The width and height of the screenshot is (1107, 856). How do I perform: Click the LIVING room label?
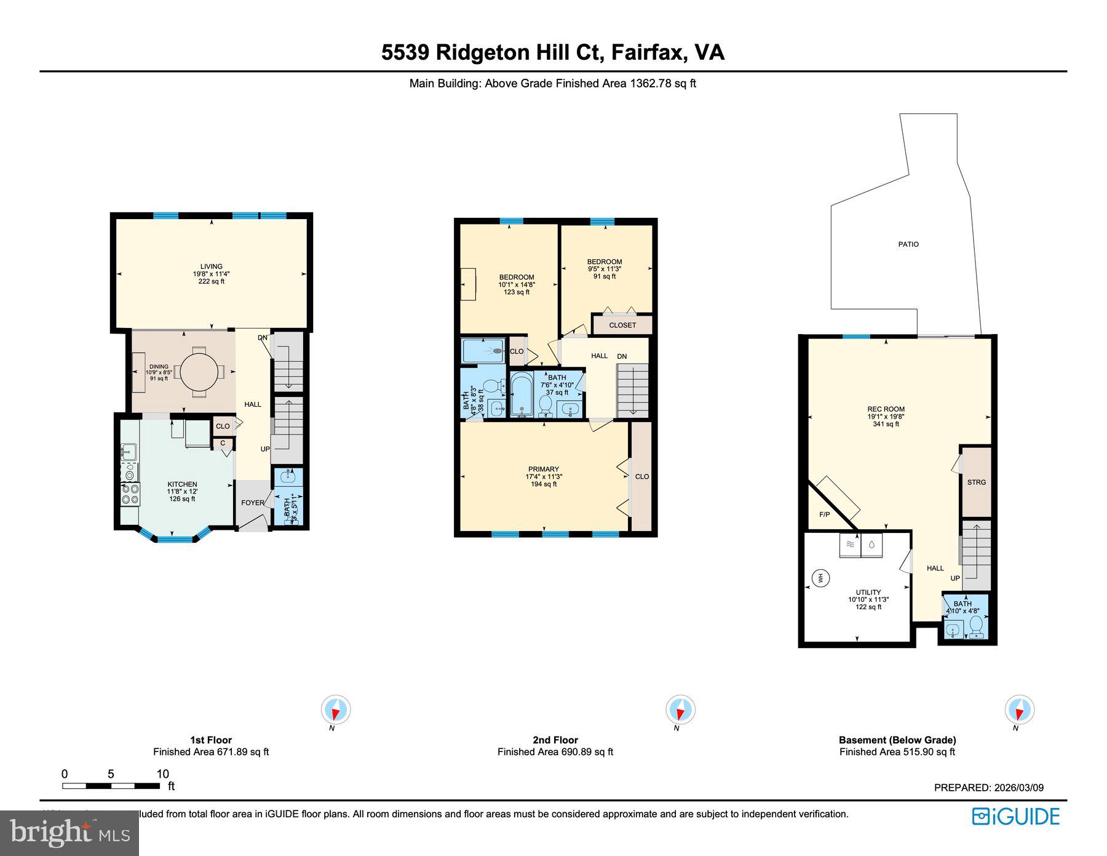[211, 267]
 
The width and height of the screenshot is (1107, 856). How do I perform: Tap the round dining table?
[198, 371]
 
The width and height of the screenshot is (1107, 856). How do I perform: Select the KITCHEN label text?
[182, 484]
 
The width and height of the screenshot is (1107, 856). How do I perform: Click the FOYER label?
[252, 503]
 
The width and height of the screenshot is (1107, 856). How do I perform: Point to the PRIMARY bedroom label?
[543, 469]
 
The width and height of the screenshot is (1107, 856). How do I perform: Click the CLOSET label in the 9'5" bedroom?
[622, 325]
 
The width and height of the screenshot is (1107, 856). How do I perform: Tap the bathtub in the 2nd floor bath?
[522, 394]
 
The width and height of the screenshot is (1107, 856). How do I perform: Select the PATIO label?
[908, 244]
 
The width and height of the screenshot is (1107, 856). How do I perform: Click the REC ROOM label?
[886, 409]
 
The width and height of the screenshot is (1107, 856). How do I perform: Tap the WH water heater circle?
[820, 578]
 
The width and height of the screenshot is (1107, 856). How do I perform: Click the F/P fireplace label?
[824, 514]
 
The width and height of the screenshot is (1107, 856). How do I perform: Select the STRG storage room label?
[976, 482]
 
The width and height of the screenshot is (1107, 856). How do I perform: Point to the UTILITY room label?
[868, 592]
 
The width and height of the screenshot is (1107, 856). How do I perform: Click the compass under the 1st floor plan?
[336, 710]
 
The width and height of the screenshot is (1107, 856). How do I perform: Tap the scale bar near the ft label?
[111, 786]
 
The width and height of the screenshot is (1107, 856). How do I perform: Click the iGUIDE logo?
[1015, 817]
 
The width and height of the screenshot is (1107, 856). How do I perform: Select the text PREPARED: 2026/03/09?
[988, 788]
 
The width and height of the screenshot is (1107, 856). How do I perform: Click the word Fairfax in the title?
[648, 52]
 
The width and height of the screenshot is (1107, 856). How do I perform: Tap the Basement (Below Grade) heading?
[897, 740]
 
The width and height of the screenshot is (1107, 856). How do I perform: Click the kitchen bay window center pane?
[175, 540]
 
